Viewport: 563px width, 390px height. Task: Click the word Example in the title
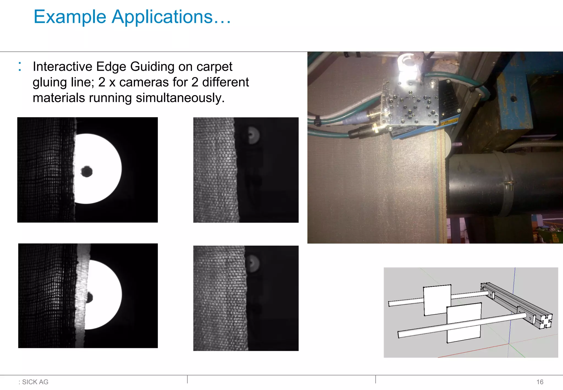point(70,17)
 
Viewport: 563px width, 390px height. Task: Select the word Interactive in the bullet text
point(62,67)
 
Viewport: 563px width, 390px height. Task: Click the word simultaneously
point(180,98)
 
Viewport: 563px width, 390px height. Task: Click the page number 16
point(540,382)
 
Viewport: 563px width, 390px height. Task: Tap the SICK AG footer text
point(35,382)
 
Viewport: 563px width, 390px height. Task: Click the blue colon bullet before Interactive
point(20,67)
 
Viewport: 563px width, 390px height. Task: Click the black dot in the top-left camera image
point(87,172)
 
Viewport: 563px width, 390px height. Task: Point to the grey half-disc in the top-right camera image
point(253,135)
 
